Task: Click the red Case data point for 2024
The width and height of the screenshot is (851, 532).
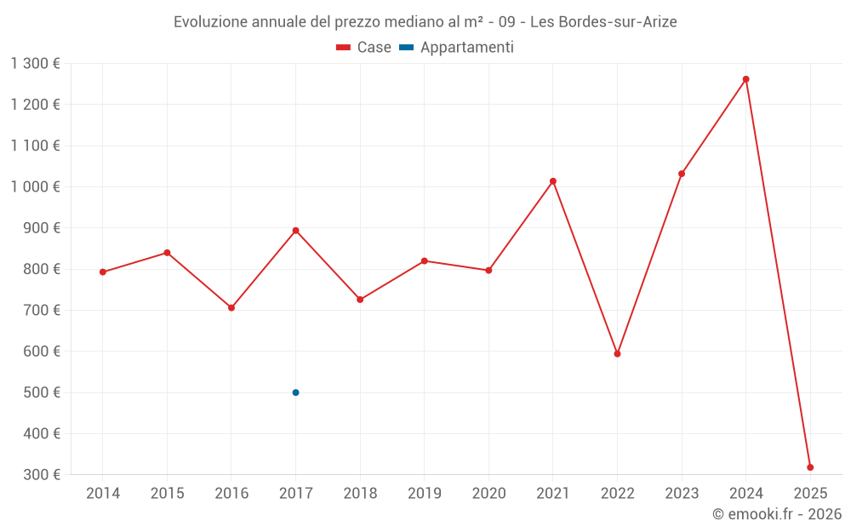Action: [x=746, y=79]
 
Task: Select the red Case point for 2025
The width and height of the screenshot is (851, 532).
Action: [x=810, y=467]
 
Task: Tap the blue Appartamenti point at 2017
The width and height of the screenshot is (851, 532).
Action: [x=295, y=392]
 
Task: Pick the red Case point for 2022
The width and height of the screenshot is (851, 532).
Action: [x=617, y=354]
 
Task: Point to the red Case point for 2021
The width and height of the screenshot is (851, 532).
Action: [x=553, y=181]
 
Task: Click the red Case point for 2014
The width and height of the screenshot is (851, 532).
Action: [x=103, y=272]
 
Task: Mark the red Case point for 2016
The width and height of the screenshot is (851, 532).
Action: [x=231, y=308]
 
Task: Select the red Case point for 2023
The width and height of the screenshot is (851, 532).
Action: [x=682, y=174]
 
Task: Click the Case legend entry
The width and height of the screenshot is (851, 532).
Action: [x=364, y=48]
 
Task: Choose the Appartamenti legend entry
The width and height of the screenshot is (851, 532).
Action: [x=456, y=48]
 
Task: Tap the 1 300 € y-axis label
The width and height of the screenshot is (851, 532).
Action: [x=36, y=64]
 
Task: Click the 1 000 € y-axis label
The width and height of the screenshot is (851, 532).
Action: [x=36, y=186]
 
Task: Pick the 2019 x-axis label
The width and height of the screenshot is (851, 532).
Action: [x=425, y=494]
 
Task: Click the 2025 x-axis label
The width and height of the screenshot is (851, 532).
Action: [x=810, y=494]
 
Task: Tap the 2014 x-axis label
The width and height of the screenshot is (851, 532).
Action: [x=103, y=494]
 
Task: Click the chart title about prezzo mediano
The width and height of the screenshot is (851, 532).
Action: [x=425, y=22]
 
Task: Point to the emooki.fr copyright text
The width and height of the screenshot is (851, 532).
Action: [x=776, y=514]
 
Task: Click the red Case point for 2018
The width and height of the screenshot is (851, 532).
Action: [x=360, y=300]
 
